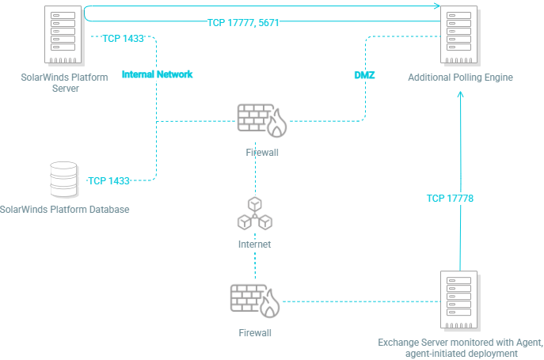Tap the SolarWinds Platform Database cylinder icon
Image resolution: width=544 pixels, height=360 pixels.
[63, 180]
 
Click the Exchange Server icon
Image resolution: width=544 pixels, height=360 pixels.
[460, 300]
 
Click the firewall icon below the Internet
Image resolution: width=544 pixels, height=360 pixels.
[254, 301]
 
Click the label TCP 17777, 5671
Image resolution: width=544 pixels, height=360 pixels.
[243, 24]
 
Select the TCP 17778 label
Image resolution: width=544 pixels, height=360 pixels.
[450, 199]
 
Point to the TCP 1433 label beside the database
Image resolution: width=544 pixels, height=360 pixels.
[108, 181]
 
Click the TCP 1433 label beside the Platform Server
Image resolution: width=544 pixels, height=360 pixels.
[123, 39]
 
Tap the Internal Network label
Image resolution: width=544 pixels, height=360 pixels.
[157, 74]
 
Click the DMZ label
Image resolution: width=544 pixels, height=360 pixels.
[364, 75]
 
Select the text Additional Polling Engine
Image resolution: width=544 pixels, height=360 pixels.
[461, 78]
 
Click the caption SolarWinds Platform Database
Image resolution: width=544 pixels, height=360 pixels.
[65, 210]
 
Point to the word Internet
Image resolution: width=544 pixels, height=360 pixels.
[255, 245]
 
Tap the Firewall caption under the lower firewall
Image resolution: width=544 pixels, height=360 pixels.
[255, 334]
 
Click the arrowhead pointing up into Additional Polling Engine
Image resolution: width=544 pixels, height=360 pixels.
[461, 93]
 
